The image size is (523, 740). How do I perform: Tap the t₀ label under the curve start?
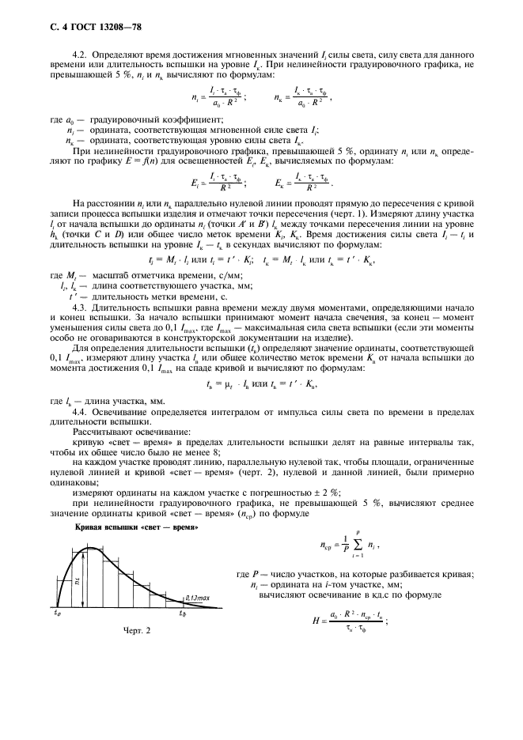click(x=57, y=613)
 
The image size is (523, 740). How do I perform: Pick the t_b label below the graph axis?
click(x=183, y=613)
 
